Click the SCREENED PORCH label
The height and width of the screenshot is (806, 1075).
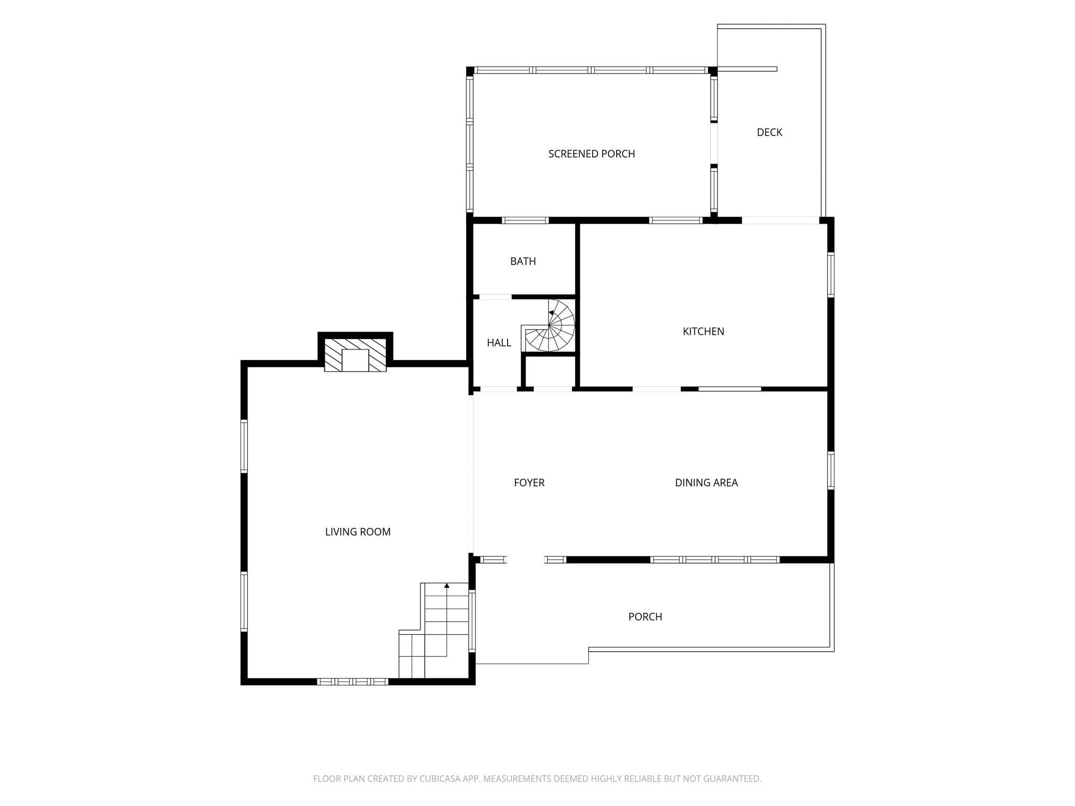tap(592, 154)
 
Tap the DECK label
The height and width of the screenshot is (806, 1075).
tap(770, 132)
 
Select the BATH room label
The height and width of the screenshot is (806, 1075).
tap(523, 261)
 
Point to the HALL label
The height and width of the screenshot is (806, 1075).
tap(499, 343)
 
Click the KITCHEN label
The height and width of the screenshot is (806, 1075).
tap(703, 331)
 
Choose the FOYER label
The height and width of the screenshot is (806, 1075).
tap(529, 483)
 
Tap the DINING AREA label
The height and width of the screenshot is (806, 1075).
tap(706, 483)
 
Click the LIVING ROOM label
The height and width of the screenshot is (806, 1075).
tap(358, 532)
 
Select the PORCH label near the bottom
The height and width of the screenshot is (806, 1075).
tap(645, 617)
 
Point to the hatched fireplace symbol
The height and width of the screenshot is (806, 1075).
tap(355, 355)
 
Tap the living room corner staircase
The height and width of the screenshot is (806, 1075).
tap(434, 630)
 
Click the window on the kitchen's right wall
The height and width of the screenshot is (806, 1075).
tap(831, 275)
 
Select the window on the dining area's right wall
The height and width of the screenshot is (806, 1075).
tap(831, 470)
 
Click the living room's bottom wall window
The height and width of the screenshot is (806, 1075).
tap(352, 682)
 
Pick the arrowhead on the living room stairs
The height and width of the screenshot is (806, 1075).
tap(447, 585)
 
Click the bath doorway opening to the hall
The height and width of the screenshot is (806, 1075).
tap(495, 297)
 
